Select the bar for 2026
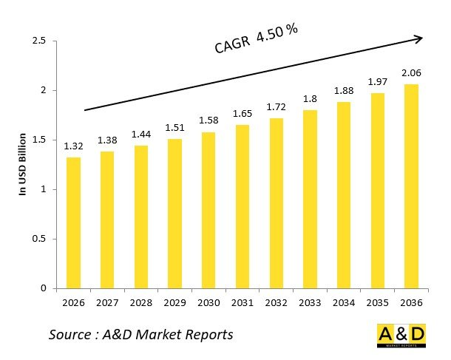73,223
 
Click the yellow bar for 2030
208,210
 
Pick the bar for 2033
309,199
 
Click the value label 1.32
73,146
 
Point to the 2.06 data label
410,72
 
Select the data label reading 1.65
242,113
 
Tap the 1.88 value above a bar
343,90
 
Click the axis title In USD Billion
23,164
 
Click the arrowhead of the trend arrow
418,38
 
